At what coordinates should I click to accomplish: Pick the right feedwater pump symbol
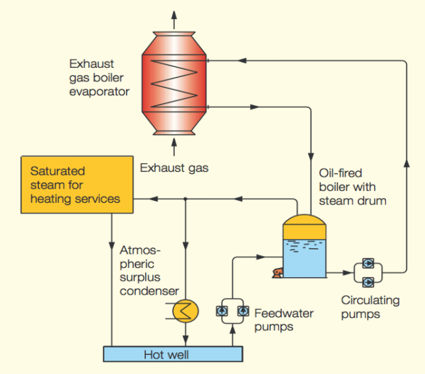240,310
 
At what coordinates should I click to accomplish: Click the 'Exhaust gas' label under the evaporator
174,168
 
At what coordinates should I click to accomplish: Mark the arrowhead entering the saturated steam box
140,199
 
